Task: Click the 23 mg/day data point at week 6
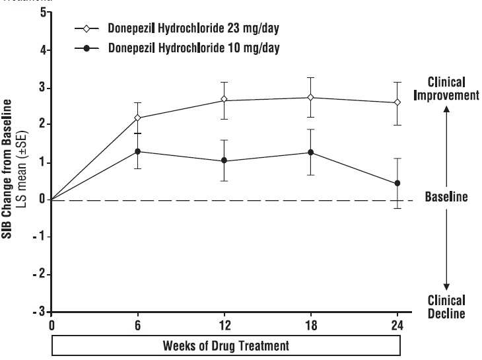[137, 118]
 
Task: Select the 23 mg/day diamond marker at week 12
[224, 100]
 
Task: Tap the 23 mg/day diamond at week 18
[310, 97]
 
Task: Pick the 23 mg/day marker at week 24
[397, 102]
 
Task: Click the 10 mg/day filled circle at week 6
[137, 151]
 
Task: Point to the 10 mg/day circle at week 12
[224, 161]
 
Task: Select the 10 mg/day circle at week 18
[310, 153]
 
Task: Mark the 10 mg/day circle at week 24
[397, 183]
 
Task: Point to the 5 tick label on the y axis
[42, 13]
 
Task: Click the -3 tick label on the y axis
[40, 310]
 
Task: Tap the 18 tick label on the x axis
[310, 326]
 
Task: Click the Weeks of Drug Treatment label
[225, 344]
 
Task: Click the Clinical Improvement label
[446, 88]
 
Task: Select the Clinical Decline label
[446, 306]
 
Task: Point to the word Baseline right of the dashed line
[446, 198]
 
